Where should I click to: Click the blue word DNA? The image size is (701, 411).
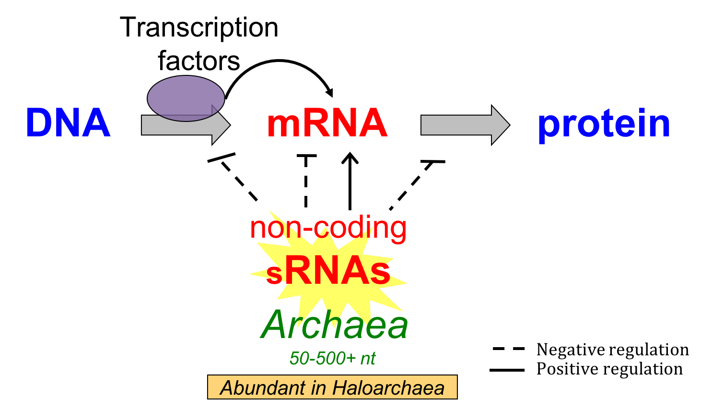pos(68,123)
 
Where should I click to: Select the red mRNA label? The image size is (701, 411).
pos(327,123)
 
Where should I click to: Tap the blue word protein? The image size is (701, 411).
pos(604,124)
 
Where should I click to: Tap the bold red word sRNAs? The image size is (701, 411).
pos(328,272)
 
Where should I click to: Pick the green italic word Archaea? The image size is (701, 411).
pos(334,325)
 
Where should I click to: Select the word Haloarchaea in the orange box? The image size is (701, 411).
pos(388,388)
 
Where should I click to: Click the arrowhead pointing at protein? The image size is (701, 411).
pos(500,125)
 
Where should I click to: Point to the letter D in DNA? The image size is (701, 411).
pos(38,123)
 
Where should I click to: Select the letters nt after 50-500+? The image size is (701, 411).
pos(368,358)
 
